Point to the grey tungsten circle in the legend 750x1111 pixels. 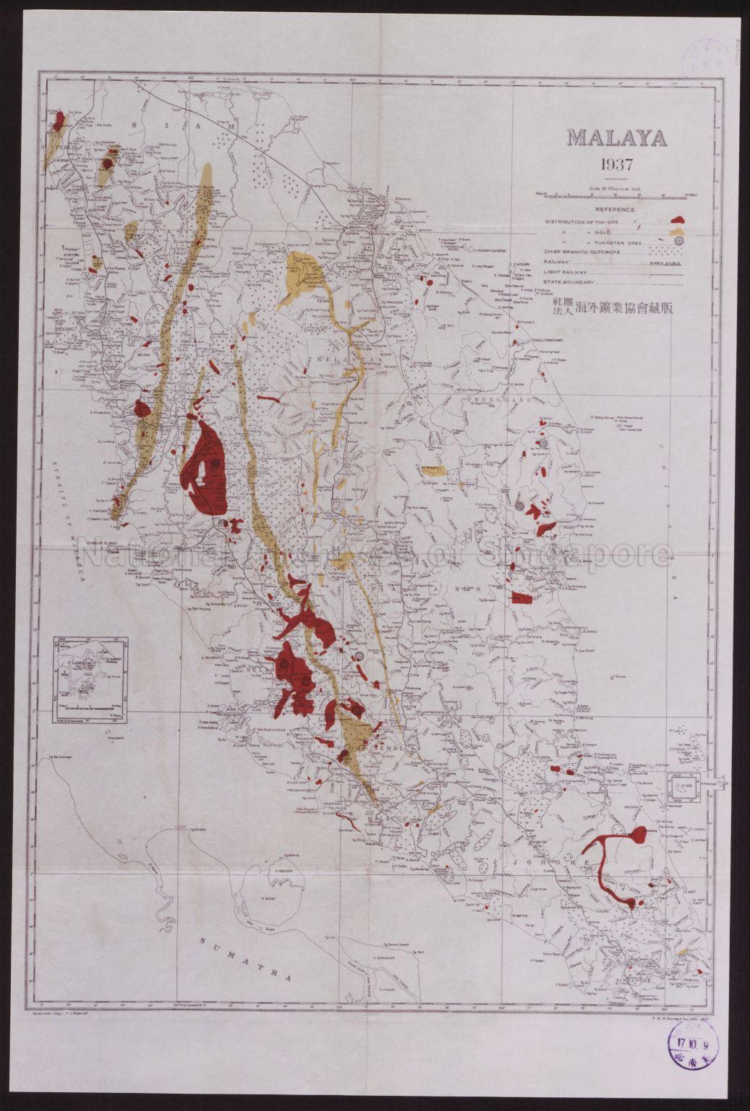pyautogui.click(x=678, y=241)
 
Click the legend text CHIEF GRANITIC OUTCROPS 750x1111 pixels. pyautogui.click(x=583, y=252)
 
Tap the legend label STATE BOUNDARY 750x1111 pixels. pyautogui.click(x=571, y=282)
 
